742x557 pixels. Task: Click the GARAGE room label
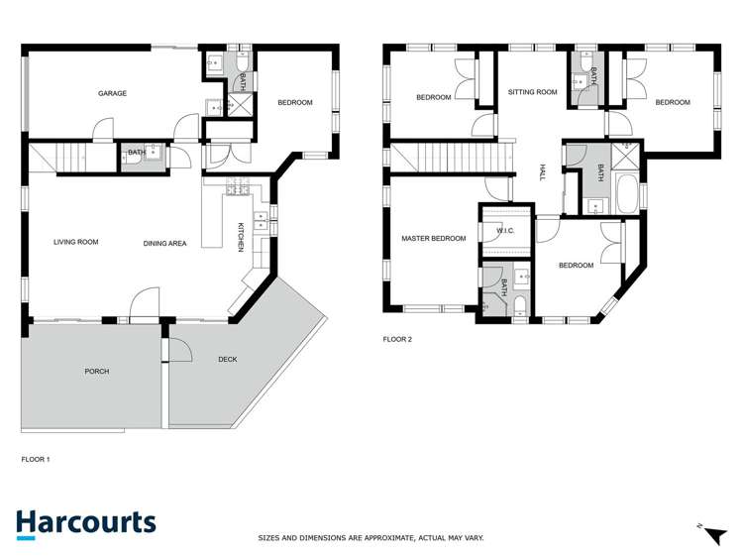tap(112, 94)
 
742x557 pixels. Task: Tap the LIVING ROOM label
tap(76, 242)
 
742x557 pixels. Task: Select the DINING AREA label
tap(164, 243)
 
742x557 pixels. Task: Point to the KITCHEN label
tap(241, 238)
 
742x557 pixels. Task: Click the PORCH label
tap(97, 372)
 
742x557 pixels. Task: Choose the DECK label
tap(227, 360)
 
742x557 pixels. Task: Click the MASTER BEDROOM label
tap(433, 239)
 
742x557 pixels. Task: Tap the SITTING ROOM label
tap(533, 92)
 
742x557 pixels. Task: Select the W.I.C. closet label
tap(504, 233)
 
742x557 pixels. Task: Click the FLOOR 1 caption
tap(36, 460)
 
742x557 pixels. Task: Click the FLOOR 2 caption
tap(397, 339)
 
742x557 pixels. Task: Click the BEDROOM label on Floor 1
tap(294, 103)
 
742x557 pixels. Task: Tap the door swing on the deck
tap(178, 350)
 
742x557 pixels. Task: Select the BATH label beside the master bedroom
tap(504, 288)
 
